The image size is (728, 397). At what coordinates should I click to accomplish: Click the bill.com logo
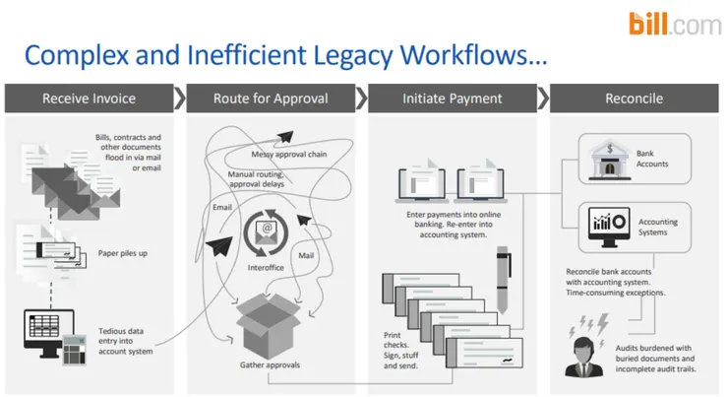pyautogui.click(x=676, y=25)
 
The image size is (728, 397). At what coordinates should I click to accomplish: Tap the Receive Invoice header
pyautogui.click(x=89, y=99)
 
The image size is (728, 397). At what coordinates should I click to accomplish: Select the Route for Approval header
pyautogui.click(x=271, y=99)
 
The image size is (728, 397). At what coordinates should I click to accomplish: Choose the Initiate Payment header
pyautogui.click(x=452, y=99)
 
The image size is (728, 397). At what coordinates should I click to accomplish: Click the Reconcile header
pyautogui.click(x=635, y=99)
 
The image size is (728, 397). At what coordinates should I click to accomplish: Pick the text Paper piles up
pyautogui.click(x=123, y=251)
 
